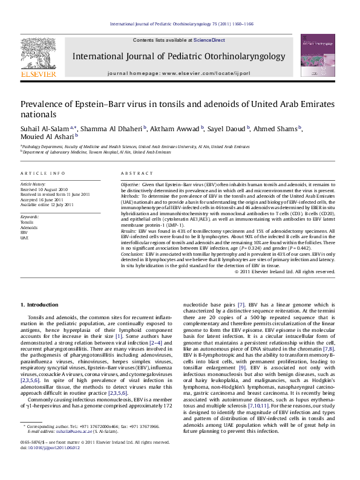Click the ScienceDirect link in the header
click(x=209, y=40)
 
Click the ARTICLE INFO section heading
click(x=43, y=174)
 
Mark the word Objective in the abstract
click(x=130, y=183)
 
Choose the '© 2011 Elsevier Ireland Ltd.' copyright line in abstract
click(x=284, y=271)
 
